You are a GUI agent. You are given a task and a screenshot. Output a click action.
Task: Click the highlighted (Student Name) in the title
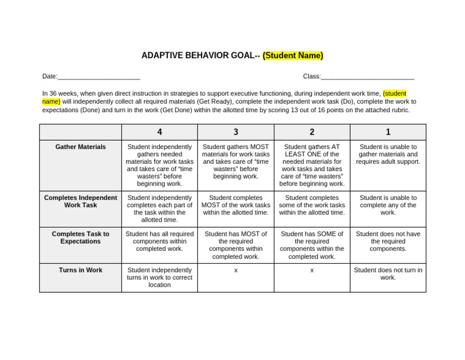click(292, 56)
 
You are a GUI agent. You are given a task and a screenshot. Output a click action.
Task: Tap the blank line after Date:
click(99, 77)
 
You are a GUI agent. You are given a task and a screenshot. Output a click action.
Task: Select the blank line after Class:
click(368, 77)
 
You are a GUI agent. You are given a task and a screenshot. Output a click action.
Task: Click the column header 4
click(159, 132)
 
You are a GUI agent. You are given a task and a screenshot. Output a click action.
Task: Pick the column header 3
click(236, 132)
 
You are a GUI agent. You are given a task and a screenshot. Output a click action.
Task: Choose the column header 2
click(312, 132)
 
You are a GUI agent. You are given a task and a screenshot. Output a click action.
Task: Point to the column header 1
click(388, 132)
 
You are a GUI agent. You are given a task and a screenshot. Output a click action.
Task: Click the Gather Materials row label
click(81, 147)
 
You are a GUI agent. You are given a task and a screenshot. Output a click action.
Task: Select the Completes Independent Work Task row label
click(81, 201)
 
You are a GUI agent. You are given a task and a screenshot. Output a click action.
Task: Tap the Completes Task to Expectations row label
click(81, 238)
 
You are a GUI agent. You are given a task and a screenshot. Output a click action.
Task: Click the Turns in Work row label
click(81, 270)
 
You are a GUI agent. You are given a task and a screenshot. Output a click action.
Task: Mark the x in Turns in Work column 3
click(236, 270)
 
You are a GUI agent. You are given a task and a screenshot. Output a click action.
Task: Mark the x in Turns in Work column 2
click(312, 270)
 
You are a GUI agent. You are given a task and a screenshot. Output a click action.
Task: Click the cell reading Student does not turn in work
click(388, 274)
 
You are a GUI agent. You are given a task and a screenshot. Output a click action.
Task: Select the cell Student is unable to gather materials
click(388, 155)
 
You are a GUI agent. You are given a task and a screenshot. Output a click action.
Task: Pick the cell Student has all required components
click(159, 241)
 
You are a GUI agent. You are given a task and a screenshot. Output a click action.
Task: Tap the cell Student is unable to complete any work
click(388, 205)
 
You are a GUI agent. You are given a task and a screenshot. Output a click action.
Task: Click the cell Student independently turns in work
click(159, 278)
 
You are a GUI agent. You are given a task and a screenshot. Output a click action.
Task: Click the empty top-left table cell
click(81, 132)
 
